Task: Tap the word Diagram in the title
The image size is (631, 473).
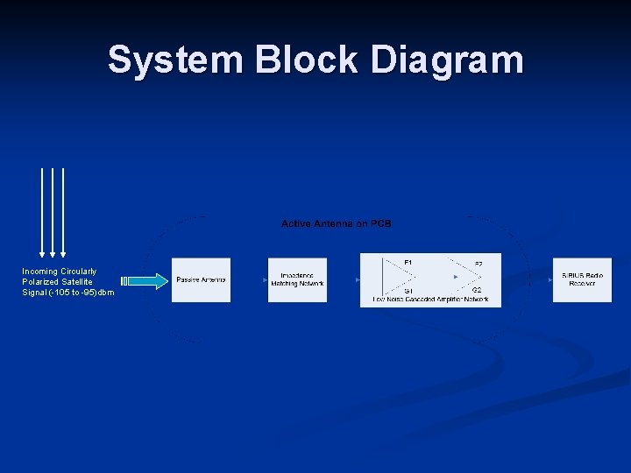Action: [447, 60]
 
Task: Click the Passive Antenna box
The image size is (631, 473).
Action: [201, 280]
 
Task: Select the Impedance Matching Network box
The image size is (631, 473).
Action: [297, 280]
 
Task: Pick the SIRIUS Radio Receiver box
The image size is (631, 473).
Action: [582, 280]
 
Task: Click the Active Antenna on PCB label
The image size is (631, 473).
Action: [337, 224]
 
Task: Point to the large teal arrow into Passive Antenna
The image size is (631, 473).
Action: [147, 281]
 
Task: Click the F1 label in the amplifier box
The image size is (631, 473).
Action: [408, 262]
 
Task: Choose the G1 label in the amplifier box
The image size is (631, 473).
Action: [408, 290]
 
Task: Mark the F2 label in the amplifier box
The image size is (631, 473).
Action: [478, 264]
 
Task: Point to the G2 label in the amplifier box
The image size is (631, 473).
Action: [477, 290]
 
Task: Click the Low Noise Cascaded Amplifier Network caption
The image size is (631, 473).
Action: [430, 300]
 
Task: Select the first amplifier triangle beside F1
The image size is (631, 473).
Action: [393, 278]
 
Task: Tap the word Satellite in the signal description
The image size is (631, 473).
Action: [76, 282]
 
